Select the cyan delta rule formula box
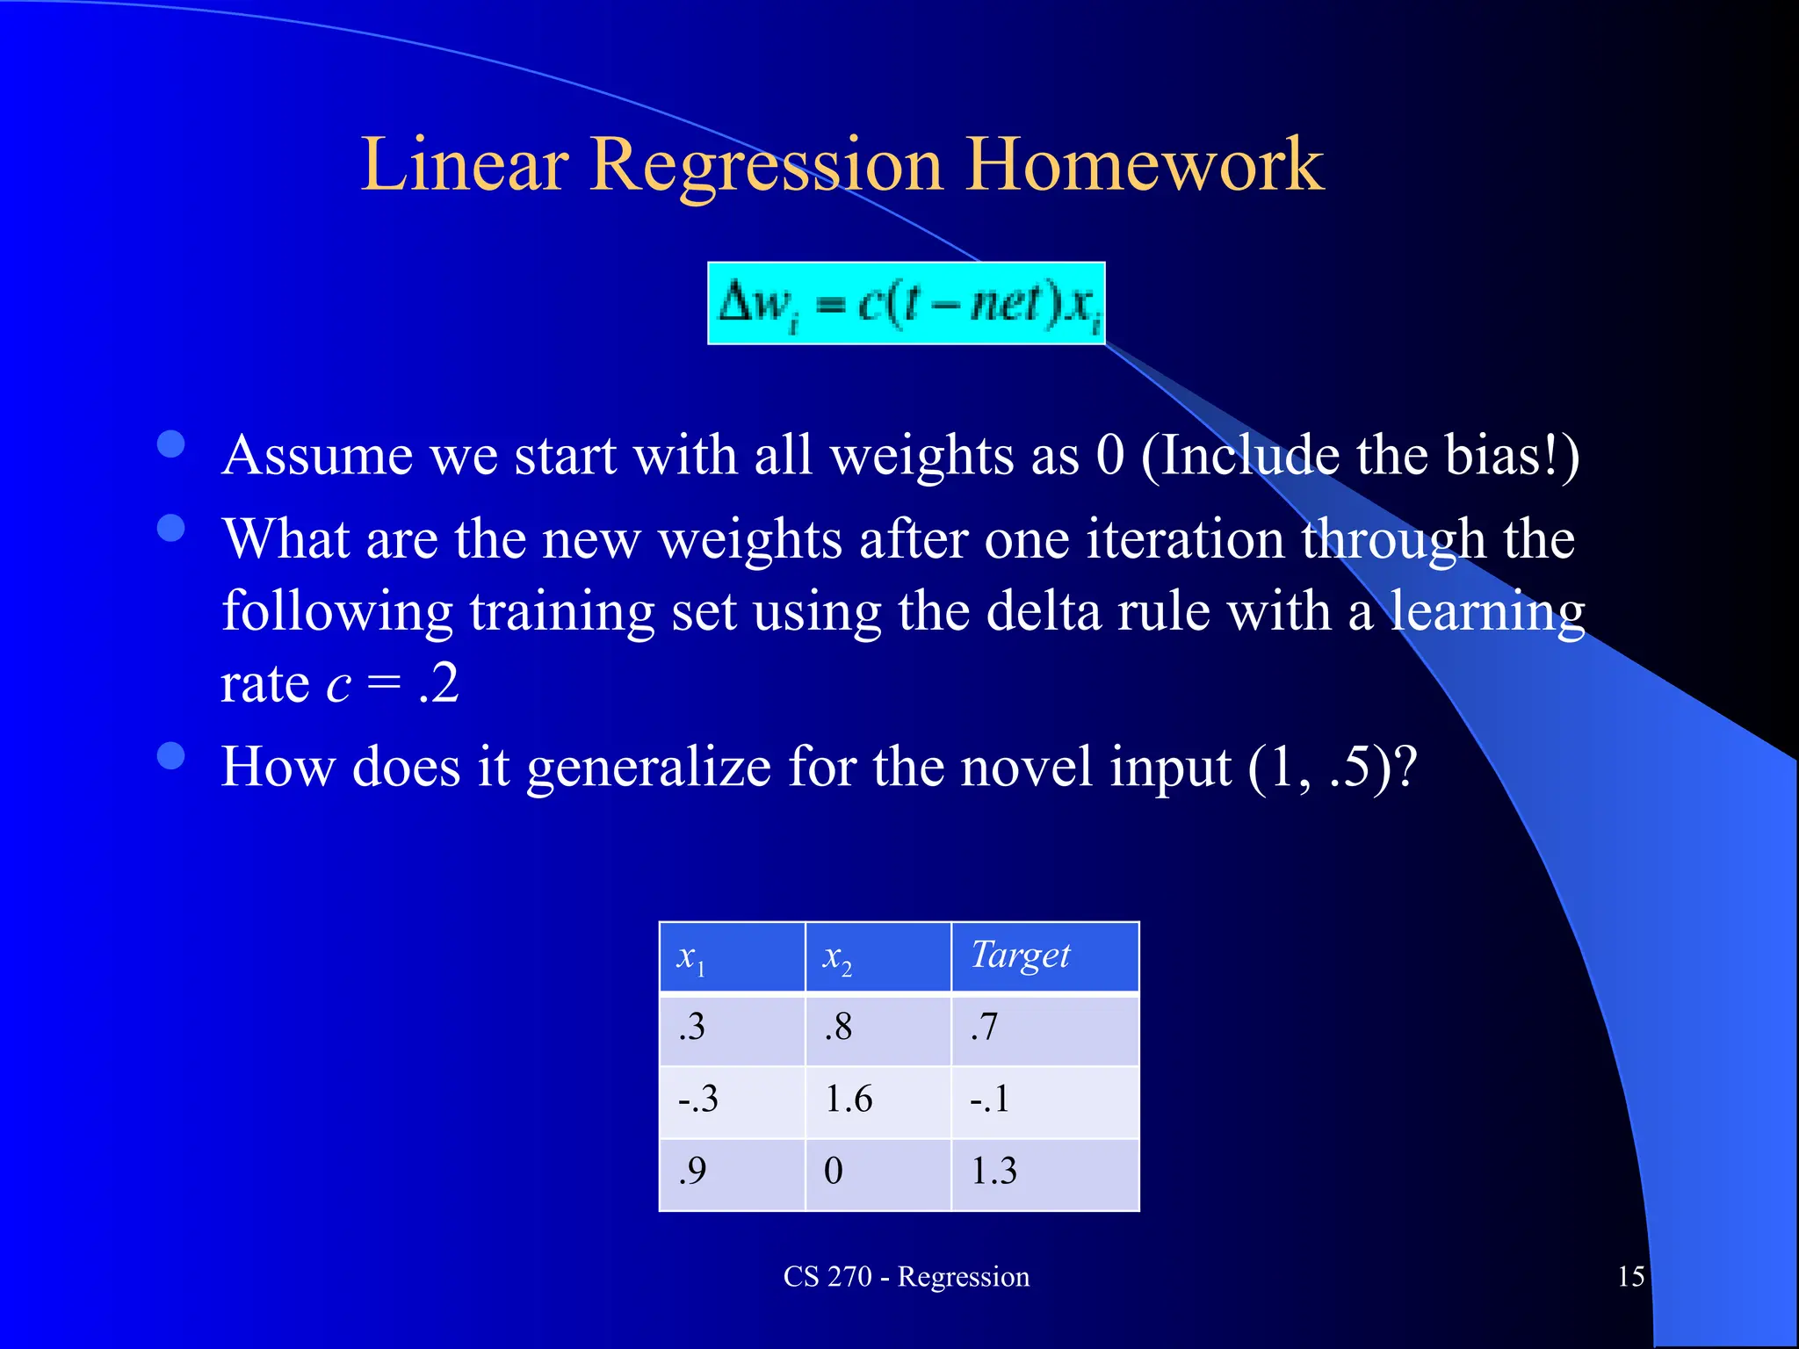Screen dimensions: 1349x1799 pos(906,304)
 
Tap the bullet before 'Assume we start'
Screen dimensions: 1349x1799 pos(170,444)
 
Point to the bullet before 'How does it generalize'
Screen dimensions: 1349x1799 pos(170,755)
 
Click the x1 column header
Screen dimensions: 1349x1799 pos(732,957)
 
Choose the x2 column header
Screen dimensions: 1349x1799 pos(878,957)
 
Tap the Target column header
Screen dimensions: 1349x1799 pos(1044,957)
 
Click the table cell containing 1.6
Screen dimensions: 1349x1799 pos(878,1100)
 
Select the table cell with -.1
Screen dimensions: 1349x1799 pos(1044,1100)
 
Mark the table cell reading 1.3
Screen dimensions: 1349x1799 pos(1044,1172)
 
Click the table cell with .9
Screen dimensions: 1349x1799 pos(732,1172)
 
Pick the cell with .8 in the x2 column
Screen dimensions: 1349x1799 pos(878,1028)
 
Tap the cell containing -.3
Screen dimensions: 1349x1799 pos(732,1100)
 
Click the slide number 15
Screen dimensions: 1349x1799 pos(1630,1276)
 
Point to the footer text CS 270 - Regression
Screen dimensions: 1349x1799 pos(906,1276)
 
